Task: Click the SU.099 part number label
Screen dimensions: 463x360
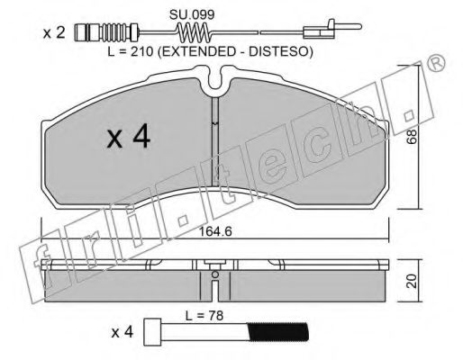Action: click(192, 14)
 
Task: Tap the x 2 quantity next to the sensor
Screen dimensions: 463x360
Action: click(54, 32)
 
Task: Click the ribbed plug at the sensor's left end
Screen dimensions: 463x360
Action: click(105, 32)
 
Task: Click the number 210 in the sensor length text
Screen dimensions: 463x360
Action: click(140, 52)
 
